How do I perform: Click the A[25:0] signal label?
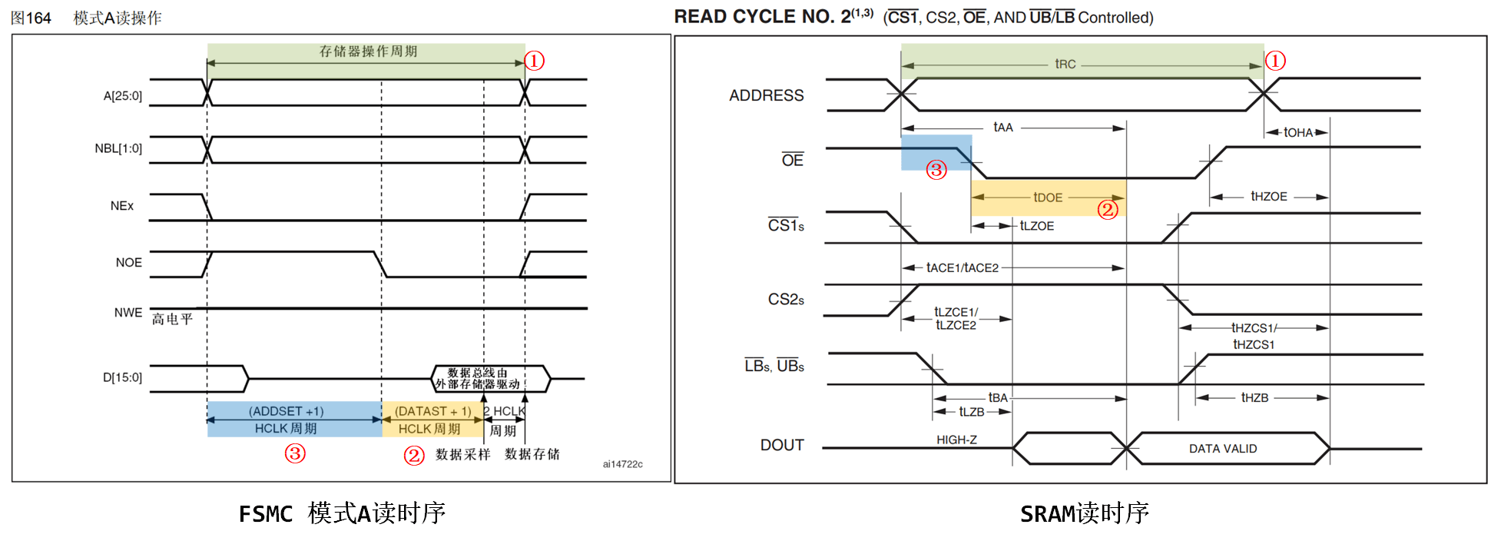tap(123, 96)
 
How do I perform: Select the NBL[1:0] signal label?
tap(118, 148)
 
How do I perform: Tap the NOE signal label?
tap(129, 263)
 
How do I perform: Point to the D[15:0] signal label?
tap(123, 377)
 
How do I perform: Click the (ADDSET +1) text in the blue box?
tap(287, 411)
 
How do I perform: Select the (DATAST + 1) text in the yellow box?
tap(433, 411)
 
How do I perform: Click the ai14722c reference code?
tap(622, 464)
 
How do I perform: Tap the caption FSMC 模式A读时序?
tap(342, 513)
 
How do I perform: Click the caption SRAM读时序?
tap(1084, 513)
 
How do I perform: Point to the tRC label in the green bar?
tap(1065, 64)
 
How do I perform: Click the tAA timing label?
tap(1002, 127)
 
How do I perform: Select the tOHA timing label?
tap(1298, 132)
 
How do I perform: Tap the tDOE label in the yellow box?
tap(1048, 197)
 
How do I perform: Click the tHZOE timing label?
tap(1268, 197)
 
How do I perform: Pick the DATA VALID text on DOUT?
tap(1223, 449)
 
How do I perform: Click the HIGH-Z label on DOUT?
tap(956, 440)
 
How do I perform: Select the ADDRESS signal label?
tap(766, 95)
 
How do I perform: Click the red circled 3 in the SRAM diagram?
tap(936, 170)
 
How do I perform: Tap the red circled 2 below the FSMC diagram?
tap(414, 456)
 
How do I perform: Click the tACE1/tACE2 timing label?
tap(962, 267)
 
